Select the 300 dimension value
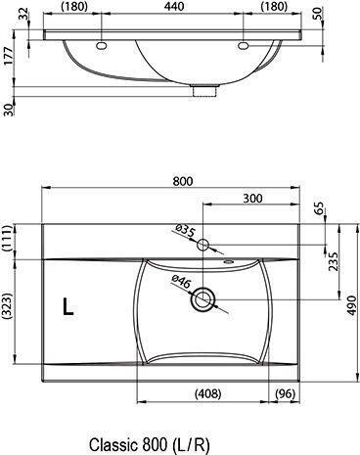click(x=252, y=198)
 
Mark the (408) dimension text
click(x=202, y=394)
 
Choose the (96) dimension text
click(x=286, y=394)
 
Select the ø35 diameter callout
click(x=186, y=232)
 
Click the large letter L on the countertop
click(x=67, y=307)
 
